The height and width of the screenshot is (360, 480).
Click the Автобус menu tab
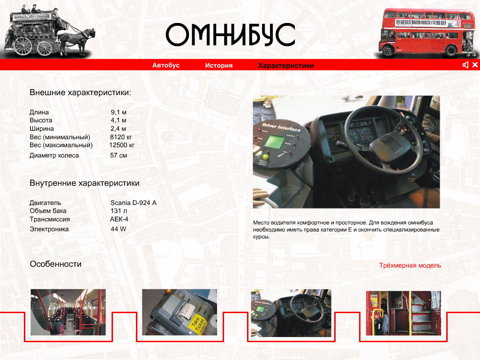pos(166,66)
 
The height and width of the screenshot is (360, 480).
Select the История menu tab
pos(218,66)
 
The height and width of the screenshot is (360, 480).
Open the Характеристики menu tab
pos(286,66)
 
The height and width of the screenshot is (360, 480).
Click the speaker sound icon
pos(465,65)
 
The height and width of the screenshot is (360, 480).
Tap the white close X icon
pos(475,65)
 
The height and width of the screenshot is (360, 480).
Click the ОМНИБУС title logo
pos(230,35)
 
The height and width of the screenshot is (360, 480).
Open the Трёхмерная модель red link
pos(410,266)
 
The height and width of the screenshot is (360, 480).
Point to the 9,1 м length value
pos(119,112)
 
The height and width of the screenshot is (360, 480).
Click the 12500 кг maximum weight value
pos(121,145)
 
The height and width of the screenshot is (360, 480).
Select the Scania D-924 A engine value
pos(133,203)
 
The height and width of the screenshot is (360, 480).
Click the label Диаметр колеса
pos(54,156)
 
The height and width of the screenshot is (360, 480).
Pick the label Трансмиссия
pos(50,219)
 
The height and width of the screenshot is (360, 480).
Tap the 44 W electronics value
pos(118,229)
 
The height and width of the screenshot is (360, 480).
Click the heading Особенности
pos(55,264)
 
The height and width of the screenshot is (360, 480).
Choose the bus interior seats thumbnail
pos(68,312)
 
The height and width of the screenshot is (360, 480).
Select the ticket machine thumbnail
pos(179,312)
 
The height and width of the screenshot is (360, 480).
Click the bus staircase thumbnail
pos(403,313)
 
